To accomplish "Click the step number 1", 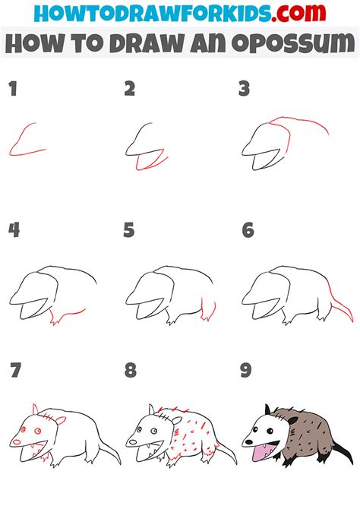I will pyautogui.click(x=11, y=90).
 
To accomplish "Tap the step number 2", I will pyautogui.click(x=129, y=90).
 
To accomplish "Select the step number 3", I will pyautogui.click(x=245, y=90).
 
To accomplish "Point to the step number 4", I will pyautogui.click(x=13, y=230).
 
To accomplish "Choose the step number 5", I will pyautogui.click(x=129, y=230).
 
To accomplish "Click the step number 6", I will pyautogui.click(x=247, y=230).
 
